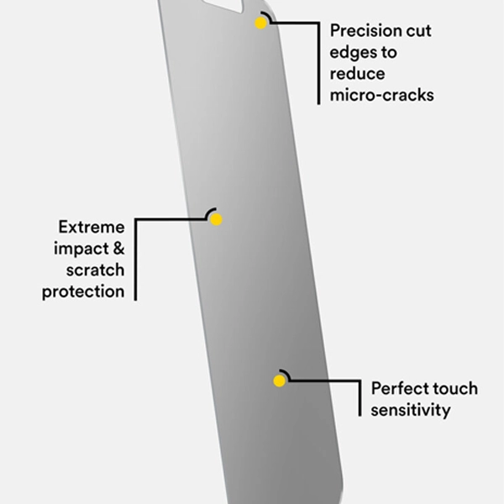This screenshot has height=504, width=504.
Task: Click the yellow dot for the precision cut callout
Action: [x=261, y=24]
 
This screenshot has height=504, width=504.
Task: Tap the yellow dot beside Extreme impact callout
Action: [x=216, y=219]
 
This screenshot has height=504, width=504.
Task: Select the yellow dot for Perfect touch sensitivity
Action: [x=280, y=381]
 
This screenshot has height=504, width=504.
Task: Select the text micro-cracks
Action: [x=382, y=95]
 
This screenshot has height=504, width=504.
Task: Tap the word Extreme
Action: [x=92, y=228]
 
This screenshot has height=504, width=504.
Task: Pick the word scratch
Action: [x=95, y=270]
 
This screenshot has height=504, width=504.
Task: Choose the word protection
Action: [x=83, y=292]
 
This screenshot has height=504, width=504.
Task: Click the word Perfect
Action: [x=398, y=389]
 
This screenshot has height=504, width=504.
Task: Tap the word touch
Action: [x=454, y=389]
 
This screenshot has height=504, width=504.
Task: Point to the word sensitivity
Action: [x=411, y=410]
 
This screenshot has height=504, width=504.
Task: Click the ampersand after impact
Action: [x=118, y=249]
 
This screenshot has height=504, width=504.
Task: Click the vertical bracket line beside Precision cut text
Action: [x=319, y=63]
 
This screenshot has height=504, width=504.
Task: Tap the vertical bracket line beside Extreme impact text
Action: [x=135, y=260]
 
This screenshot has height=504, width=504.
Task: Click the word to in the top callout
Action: [x=389, y=52]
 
